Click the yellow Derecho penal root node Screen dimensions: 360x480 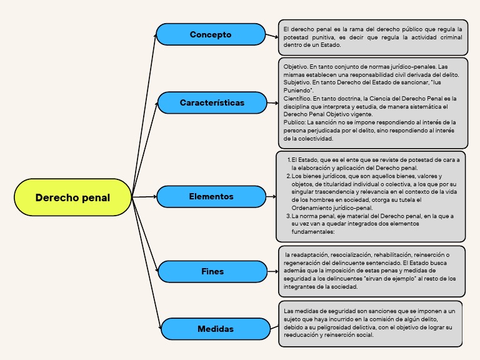(72, 197)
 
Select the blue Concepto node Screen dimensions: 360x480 (211, 34)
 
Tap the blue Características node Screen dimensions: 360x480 (212, 102)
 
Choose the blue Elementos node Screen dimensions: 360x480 (211, 196)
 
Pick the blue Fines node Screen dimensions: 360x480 (212, 271)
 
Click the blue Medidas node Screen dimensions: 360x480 (216, 329)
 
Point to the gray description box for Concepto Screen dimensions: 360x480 (372, 37)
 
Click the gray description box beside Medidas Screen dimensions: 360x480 (370, 323)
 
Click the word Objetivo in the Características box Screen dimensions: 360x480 (296, 66)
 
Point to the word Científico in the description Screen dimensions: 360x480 (297, 99)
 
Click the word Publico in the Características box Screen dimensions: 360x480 (294, 123)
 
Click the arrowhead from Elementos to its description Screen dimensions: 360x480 (273, 196)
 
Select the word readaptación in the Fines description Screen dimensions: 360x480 (304, 255)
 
